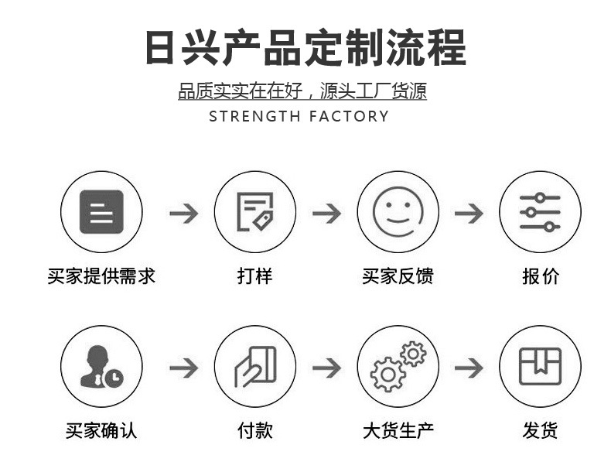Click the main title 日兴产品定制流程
pos(305,47)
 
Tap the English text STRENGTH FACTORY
pos(299,117)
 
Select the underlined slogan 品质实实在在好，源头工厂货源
pos(302,92)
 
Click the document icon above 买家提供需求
pos(101,211)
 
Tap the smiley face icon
pos(398,211)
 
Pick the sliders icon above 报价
pos(540,211)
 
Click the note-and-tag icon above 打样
pos(254,211)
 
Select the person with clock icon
pos(101,367)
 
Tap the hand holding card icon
pos(254,367)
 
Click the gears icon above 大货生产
pos(398,367)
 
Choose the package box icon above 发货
pos(540,367)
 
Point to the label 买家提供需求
pos(101,276)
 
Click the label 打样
pos(254,276)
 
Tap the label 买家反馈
pos(398,276)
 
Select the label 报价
pos(540,276)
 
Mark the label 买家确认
pos(101,430)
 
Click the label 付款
pos(254,430)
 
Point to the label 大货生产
pos(398,430)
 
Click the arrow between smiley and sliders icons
pos(469,212)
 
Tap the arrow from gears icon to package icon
pos(469,367)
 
